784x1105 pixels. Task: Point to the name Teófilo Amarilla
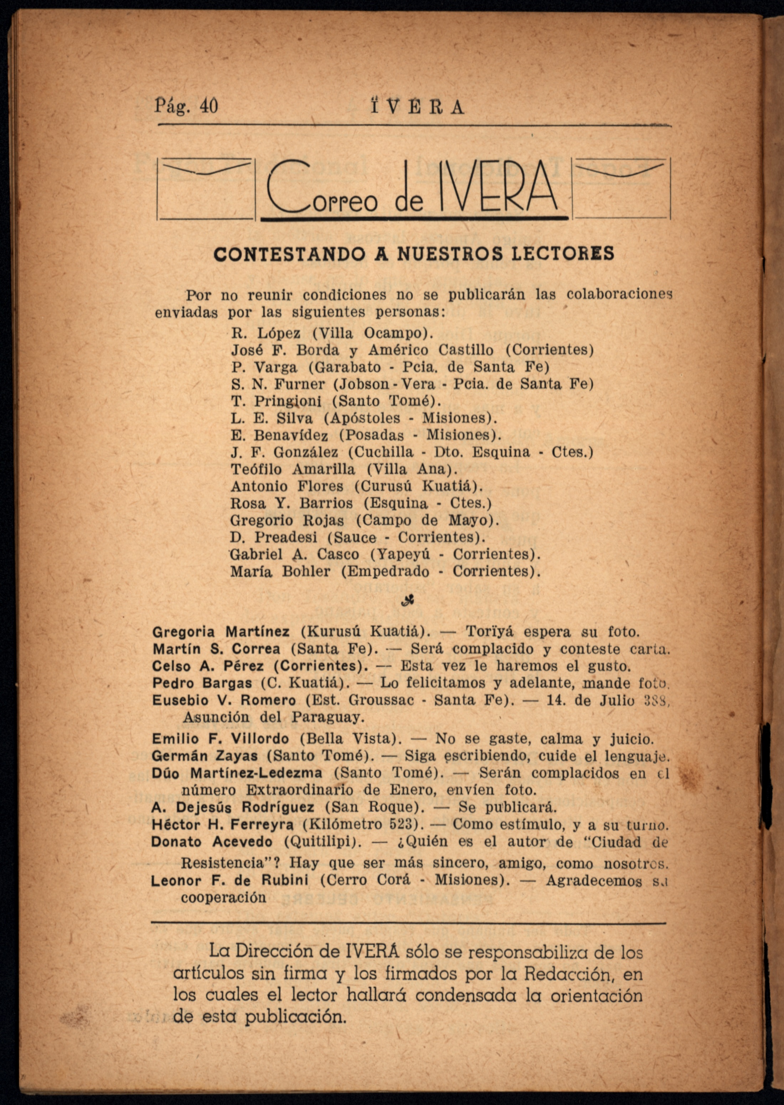tap(293, 469)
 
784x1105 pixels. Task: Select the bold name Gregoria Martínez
tap(221, 632)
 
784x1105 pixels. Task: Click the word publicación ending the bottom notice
tap(295, 1017)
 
